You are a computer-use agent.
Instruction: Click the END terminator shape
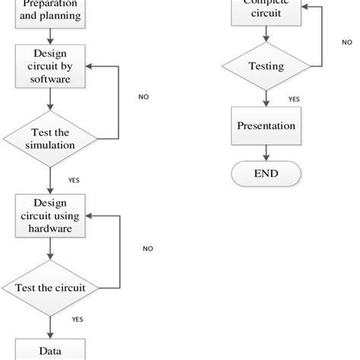tap(265, 174)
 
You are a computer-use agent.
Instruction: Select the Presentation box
tap(265, 126)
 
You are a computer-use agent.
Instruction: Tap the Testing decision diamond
tap(266, 67)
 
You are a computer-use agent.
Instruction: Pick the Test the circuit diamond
tap(50, 289)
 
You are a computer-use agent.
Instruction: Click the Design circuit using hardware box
tap(50, 215)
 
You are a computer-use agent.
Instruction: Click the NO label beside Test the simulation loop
tap(144, 97)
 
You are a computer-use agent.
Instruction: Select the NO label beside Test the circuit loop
tap(147, 248)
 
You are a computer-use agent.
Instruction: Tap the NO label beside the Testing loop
tap(346, 43)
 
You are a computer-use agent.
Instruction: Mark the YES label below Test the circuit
tap(78, 320)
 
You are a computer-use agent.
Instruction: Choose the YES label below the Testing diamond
tap(293, 99)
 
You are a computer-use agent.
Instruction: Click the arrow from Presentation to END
tap(265, 154)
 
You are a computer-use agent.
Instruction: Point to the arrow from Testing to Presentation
tap(265, 96)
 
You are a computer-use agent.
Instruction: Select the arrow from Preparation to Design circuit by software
tap(50, 36)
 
